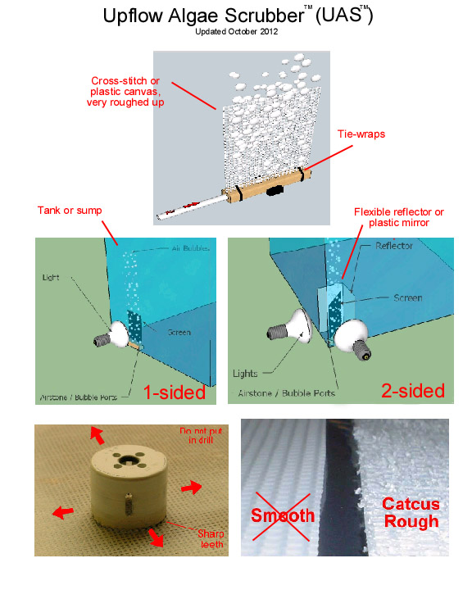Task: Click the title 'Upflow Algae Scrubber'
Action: tap(204, 16)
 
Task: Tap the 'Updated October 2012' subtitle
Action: tap(236, 32)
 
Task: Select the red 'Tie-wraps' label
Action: tap(361, 134)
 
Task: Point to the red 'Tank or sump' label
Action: tap(70, 211)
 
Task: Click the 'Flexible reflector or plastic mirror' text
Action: tap(398, 217)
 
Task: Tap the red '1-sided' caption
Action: tap(175, 392)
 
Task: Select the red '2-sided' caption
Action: tap(413, 391)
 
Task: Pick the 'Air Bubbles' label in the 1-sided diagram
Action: tap(190, 248)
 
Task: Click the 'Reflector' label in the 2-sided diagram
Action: tap(394, 246)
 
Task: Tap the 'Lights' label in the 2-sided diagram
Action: tap(245, 374)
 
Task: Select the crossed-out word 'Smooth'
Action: tap(283, 515)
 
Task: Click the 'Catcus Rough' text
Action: tap(411, 512)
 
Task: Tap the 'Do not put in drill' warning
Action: tap(201, 435)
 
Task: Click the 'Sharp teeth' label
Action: tap(211, 539)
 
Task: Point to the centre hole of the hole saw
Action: tap(128, 461)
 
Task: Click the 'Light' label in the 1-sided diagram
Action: tap(51, 278)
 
